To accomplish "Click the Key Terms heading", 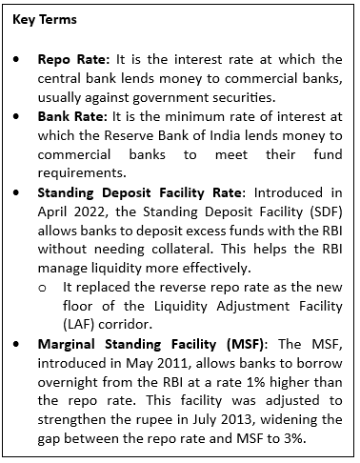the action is (x=46, y=19).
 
